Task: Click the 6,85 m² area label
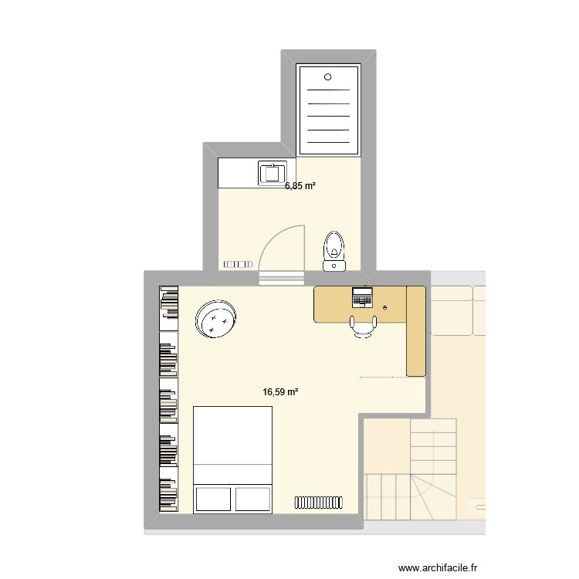301,186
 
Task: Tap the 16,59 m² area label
280,392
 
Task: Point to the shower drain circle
328,76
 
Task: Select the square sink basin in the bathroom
273,173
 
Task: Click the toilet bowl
334,245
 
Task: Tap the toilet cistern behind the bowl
334,266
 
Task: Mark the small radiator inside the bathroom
238,264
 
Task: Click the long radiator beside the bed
318,503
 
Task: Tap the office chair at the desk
362,327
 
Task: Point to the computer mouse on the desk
385,307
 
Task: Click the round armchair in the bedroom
215,319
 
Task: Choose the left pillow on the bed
213,498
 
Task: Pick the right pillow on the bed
254,498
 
